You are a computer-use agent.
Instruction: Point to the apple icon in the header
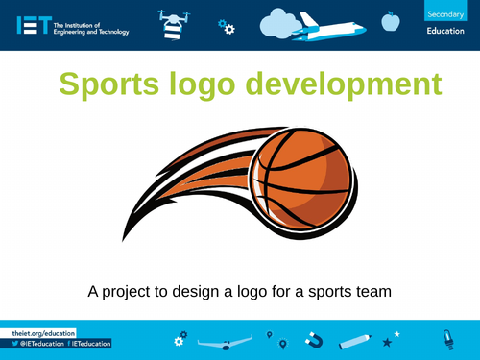coord(390,20)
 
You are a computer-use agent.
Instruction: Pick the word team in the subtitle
coord(374,290)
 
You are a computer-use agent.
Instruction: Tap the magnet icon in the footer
coord(313,339)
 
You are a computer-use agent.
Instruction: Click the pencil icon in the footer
coord(354,340)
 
